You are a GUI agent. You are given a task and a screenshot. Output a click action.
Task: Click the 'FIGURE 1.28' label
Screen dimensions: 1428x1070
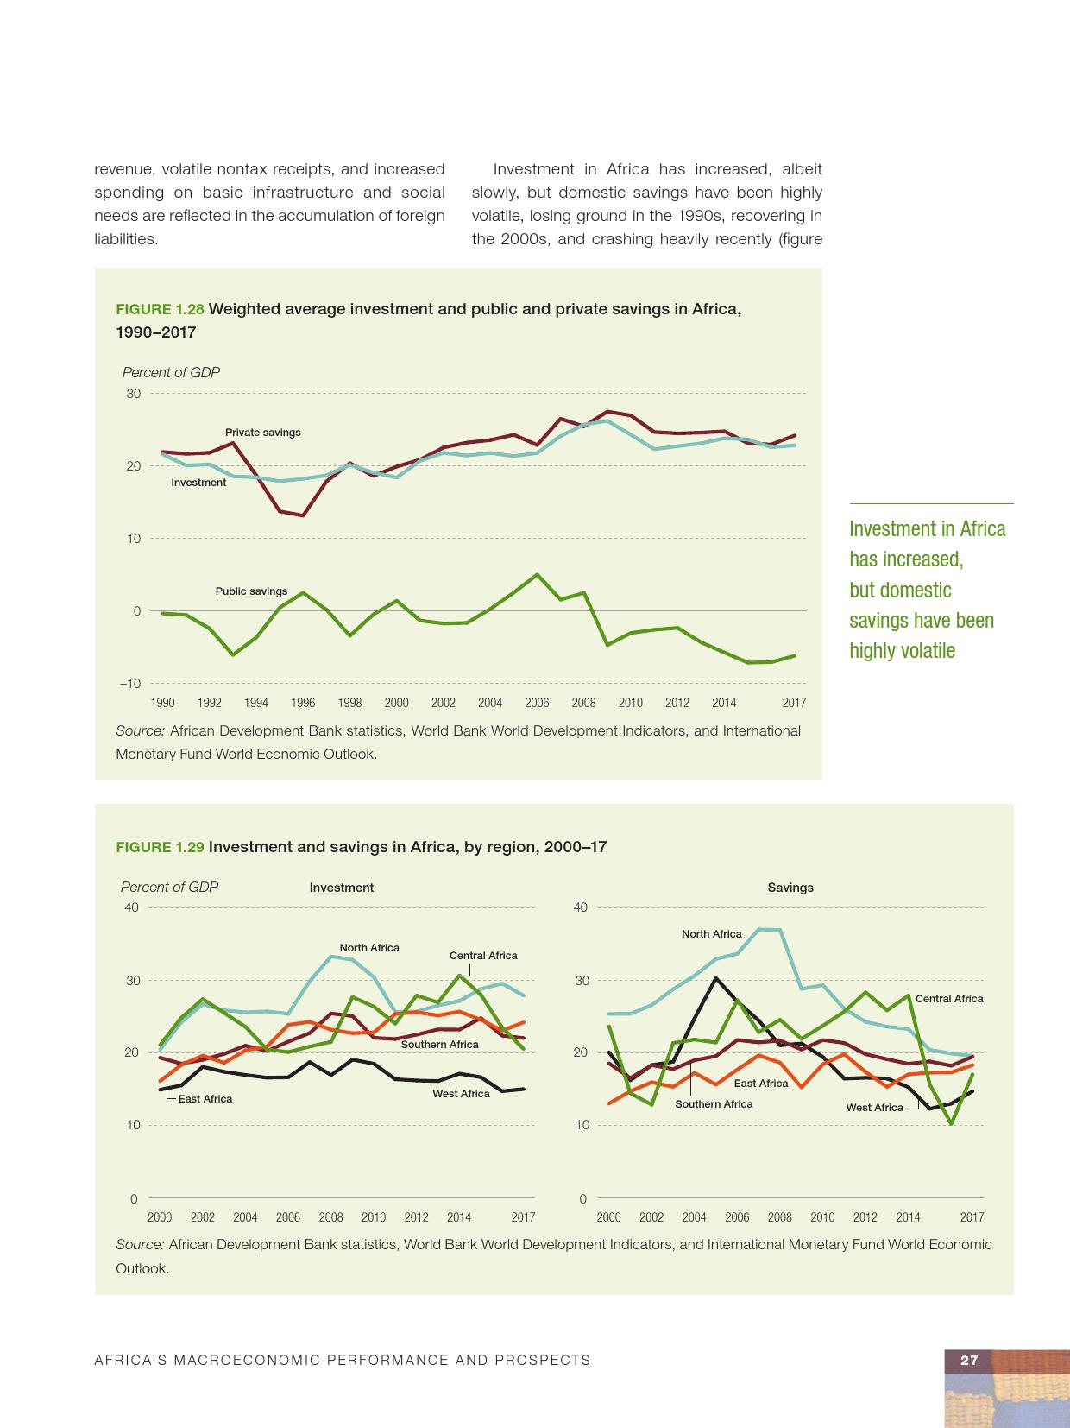(x=160, y=310)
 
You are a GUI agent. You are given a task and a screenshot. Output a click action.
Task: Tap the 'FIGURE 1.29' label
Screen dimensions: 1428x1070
(x=160, y=847)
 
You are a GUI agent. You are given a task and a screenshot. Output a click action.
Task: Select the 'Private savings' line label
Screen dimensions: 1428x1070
(x=262, y=433)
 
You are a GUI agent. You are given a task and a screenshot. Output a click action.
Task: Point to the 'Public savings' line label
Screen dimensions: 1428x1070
(x=251, y=591)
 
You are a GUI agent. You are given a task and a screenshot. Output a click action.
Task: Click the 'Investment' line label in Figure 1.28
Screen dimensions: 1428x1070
(x=198, y=483)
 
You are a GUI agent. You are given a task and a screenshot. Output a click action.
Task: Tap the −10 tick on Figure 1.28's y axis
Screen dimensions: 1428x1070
(x=129, y=684)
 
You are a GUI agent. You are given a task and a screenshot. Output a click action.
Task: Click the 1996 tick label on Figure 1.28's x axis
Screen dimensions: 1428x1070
(x=303, y=703)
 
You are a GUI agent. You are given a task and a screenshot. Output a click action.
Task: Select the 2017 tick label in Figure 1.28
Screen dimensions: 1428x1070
(x=794, y=703)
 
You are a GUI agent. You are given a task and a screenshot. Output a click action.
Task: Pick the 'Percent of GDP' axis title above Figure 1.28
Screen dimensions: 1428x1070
(x=171, y=372)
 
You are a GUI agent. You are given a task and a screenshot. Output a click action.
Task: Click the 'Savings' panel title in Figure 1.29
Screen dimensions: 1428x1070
(x=790, y=888)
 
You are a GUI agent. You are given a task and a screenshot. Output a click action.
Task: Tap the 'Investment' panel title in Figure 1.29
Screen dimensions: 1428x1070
(x=342, y=888)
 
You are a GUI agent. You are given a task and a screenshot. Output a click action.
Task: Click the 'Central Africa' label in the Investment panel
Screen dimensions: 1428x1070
(x=483, y=956)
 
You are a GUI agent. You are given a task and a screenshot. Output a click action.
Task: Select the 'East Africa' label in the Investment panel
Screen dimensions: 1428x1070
(x=205, y=1099)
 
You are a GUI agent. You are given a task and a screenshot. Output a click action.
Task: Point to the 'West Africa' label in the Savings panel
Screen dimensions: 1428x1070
(x=874, y=1108)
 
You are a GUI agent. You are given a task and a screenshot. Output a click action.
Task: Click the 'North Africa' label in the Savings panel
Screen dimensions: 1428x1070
(x=711, y=934)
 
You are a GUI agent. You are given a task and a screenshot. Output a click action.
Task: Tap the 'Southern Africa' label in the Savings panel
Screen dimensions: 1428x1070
(x=714, y=1104)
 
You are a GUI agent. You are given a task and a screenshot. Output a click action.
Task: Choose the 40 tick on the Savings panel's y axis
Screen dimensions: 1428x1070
(x=580, y=907)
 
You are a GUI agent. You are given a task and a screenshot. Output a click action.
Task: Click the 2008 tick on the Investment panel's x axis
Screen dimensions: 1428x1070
(x=330, y=1217)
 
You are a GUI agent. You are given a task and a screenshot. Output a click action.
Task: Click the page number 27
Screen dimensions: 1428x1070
(x=969, y=1361)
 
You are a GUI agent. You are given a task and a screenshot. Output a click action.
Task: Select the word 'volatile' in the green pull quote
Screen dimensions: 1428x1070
(x=926, y=651)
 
